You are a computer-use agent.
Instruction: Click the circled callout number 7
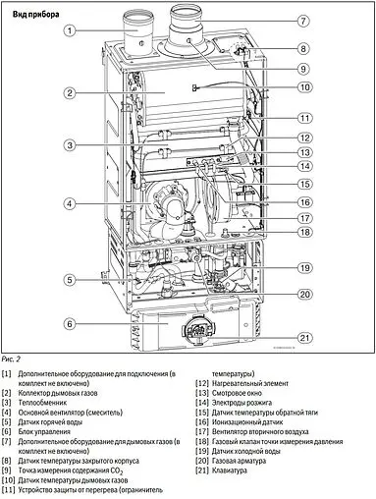click(304, 21)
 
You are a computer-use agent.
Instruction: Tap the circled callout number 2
click(71, 93)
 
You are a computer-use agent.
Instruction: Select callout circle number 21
click(304, 339)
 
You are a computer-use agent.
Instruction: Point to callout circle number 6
click(70, 322)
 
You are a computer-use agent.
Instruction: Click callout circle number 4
click(71, 204)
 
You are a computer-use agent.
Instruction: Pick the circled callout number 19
click(304, 267)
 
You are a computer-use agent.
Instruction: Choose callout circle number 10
click(304, 87)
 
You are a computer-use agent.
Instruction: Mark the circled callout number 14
click(304, 167)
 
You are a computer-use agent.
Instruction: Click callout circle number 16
click(304, 201)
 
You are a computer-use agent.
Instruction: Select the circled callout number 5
click(70, 280)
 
